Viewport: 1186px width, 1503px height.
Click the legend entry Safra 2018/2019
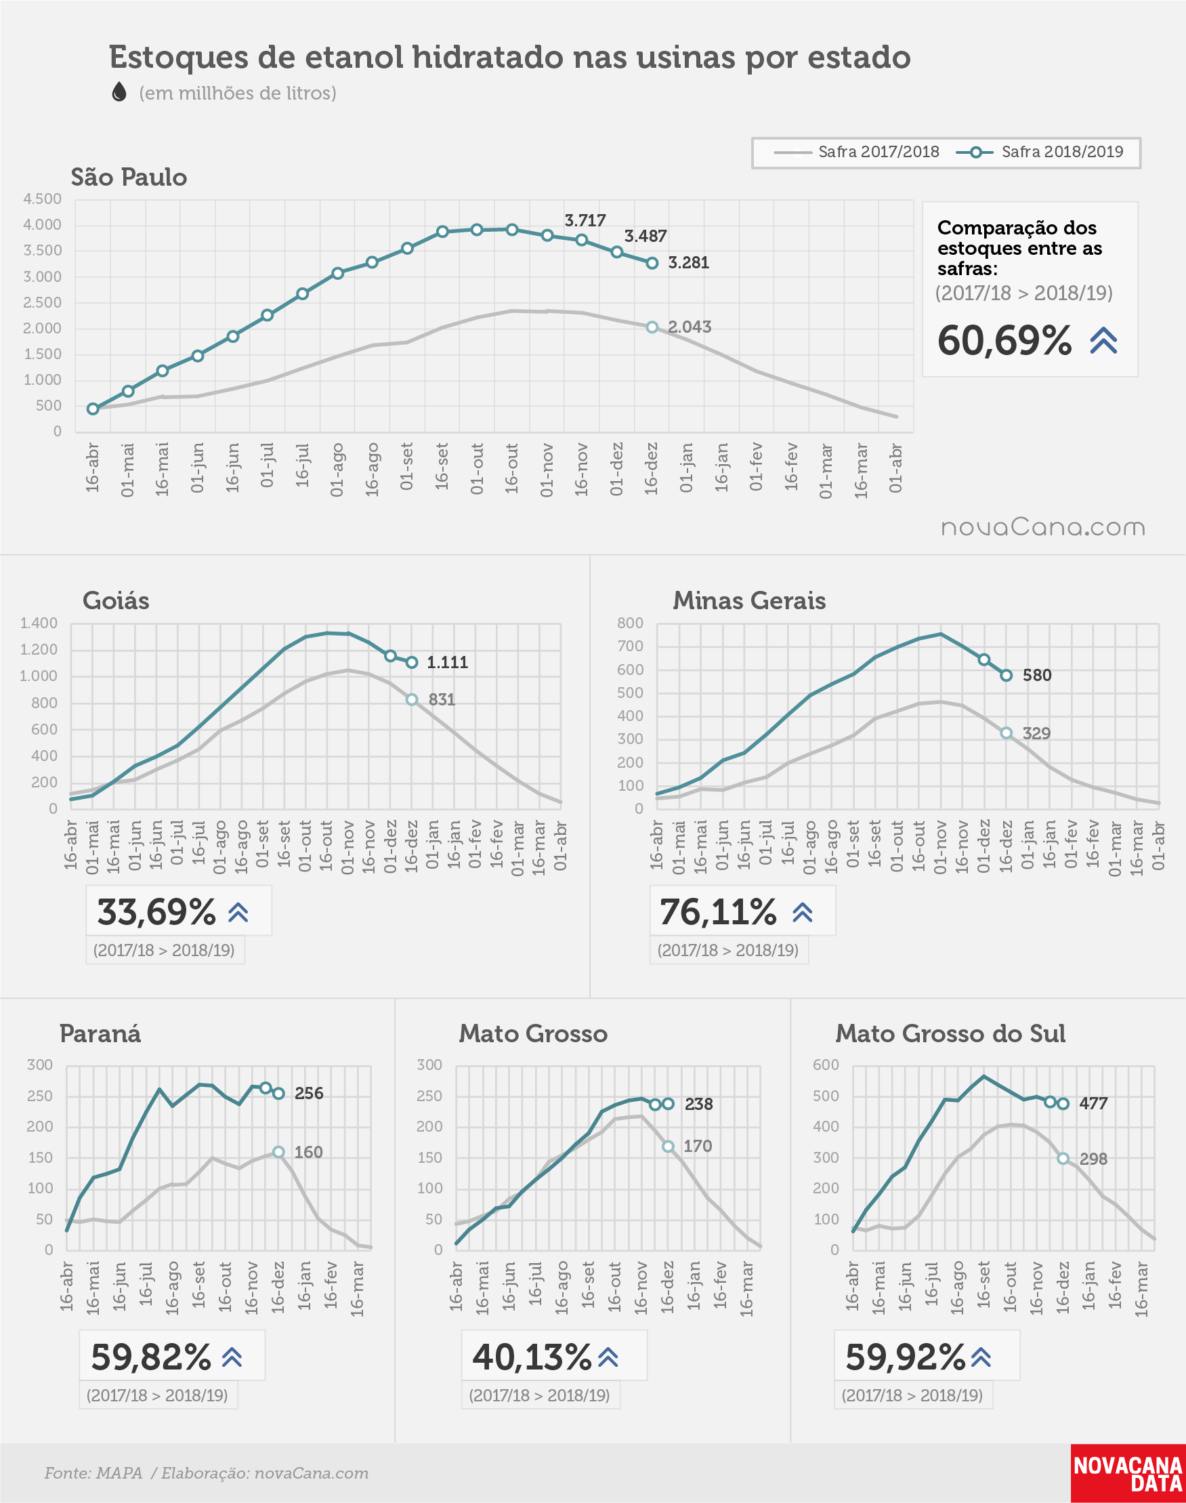tap(1040, 152)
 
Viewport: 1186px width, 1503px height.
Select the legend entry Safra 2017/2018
tap(856, 152)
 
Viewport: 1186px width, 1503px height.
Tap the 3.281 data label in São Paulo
tap(688, 262)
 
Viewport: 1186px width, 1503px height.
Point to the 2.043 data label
tap(690, 327)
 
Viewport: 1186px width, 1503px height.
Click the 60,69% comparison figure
tap(1004, 340)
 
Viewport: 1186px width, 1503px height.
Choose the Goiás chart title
tap(116, 601)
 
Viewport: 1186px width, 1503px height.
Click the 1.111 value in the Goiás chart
tap(447, 662)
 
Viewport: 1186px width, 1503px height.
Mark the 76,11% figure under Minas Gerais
tap(718, 912)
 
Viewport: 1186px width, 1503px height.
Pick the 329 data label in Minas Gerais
tap(1036, 733)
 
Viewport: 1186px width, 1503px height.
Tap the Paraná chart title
tap(100, 1033)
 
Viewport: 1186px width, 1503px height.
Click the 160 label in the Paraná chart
tap(308, 1152)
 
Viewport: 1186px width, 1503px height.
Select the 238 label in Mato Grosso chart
tap(698, 1105)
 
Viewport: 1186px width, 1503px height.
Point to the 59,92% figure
tap(906, 1357)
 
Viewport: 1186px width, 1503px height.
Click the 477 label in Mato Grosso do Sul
tap(1093, 1104)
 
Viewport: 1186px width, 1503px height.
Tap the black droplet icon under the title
tap(119, 91)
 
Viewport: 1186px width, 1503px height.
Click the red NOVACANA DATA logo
tap(1128, 1474)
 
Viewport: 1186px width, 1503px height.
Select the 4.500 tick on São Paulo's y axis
tap(43, 199)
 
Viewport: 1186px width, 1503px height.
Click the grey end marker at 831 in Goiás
tap(412, 699)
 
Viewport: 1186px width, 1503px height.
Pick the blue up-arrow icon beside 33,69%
tap(238, 912)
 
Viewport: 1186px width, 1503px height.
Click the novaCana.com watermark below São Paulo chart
tap(1042, 527)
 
